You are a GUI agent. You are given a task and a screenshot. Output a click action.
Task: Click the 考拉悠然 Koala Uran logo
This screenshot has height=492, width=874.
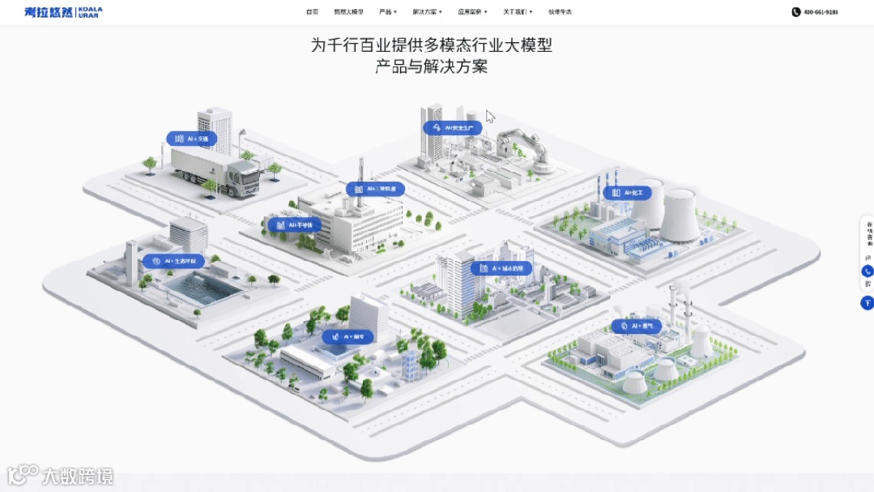click(63, 12)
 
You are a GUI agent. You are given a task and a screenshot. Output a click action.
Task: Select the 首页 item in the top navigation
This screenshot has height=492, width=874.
click(312, 12)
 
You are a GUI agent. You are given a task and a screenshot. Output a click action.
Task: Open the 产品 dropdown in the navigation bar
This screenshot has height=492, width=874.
click(387, 12)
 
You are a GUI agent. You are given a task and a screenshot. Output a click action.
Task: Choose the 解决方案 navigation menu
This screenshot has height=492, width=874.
click(426, 12)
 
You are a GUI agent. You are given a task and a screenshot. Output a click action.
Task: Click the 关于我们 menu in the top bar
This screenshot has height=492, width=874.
click(517, 12)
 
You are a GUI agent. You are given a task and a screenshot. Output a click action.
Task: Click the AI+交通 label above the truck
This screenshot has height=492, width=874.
click(192, 139)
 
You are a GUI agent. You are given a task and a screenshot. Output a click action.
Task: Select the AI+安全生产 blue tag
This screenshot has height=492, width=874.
click(453, 127)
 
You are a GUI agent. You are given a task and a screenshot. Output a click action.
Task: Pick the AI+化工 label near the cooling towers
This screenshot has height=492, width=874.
click(625, 193)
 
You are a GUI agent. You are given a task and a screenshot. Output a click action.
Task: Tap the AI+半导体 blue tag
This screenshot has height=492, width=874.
click(294, 225)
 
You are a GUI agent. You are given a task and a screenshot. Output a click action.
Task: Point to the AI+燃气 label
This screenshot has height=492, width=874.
click(636, 326)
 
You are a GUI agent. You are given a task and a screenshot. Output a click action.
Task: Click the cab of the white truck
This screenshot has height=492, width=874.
click(242, 176)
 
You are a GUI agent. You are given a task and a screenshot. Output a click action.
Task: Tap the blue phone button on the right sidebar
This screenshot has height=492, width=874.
click(867, 272)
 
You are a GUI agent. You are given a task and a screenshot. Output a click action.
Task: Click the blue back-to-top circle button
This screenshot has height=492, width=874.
click(867, 302)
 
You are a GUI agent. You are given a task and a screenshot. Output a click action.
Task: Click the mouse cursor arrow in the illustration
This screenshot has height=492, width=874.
click(490, 116)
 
